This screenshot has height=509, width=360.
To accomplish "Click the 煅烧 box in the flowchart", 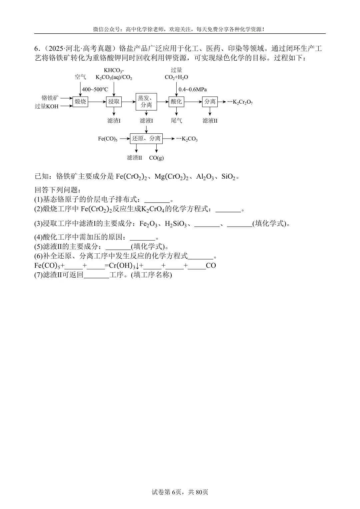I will tap(80, 102).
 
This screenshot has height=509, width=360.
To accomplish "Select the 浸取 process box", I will tap(114, 102).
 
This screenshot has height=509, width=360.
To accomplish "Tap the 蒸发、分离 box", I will tap(146, 102).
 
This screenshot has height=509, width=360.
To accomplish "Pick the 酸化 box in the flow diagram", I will tap(176, 102).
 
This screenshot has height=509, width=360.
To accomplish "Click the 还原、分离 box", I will tap(146, 138).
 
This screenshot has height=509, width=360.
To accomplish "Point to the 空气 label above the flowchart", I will tap(80, 77).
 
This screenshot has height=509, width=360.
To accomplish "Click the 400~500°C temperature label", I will tap(95, 89).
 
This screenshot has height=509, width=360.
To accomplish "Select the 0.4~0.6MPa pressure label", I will tap(193, 89).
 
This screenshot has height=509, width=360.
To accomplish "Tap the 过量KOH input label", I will tap(47, 106).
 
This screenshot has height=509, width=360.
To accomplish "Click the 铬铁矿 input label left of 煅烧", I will tap(50, 98).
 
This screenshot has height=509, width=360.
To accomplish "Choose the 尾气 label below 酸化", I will tap(176, 121).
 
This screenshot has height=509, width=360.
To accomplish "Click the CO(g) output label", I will tap(156, 158).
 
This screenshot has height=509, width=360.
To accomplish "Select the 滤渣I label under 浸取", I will tap(114, 121).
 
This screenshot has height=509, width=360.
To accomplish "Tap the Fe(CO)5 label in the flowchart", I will tap(108, 139).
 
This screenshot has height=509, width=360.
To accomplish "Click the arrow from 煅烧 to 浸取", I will tap(97, 102).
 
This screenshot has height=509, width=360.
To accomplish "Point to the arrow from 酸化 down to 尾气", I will tap(176, 112).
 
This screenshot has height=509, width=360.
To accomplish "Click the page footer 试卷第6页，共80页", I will tap(180, 492).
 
